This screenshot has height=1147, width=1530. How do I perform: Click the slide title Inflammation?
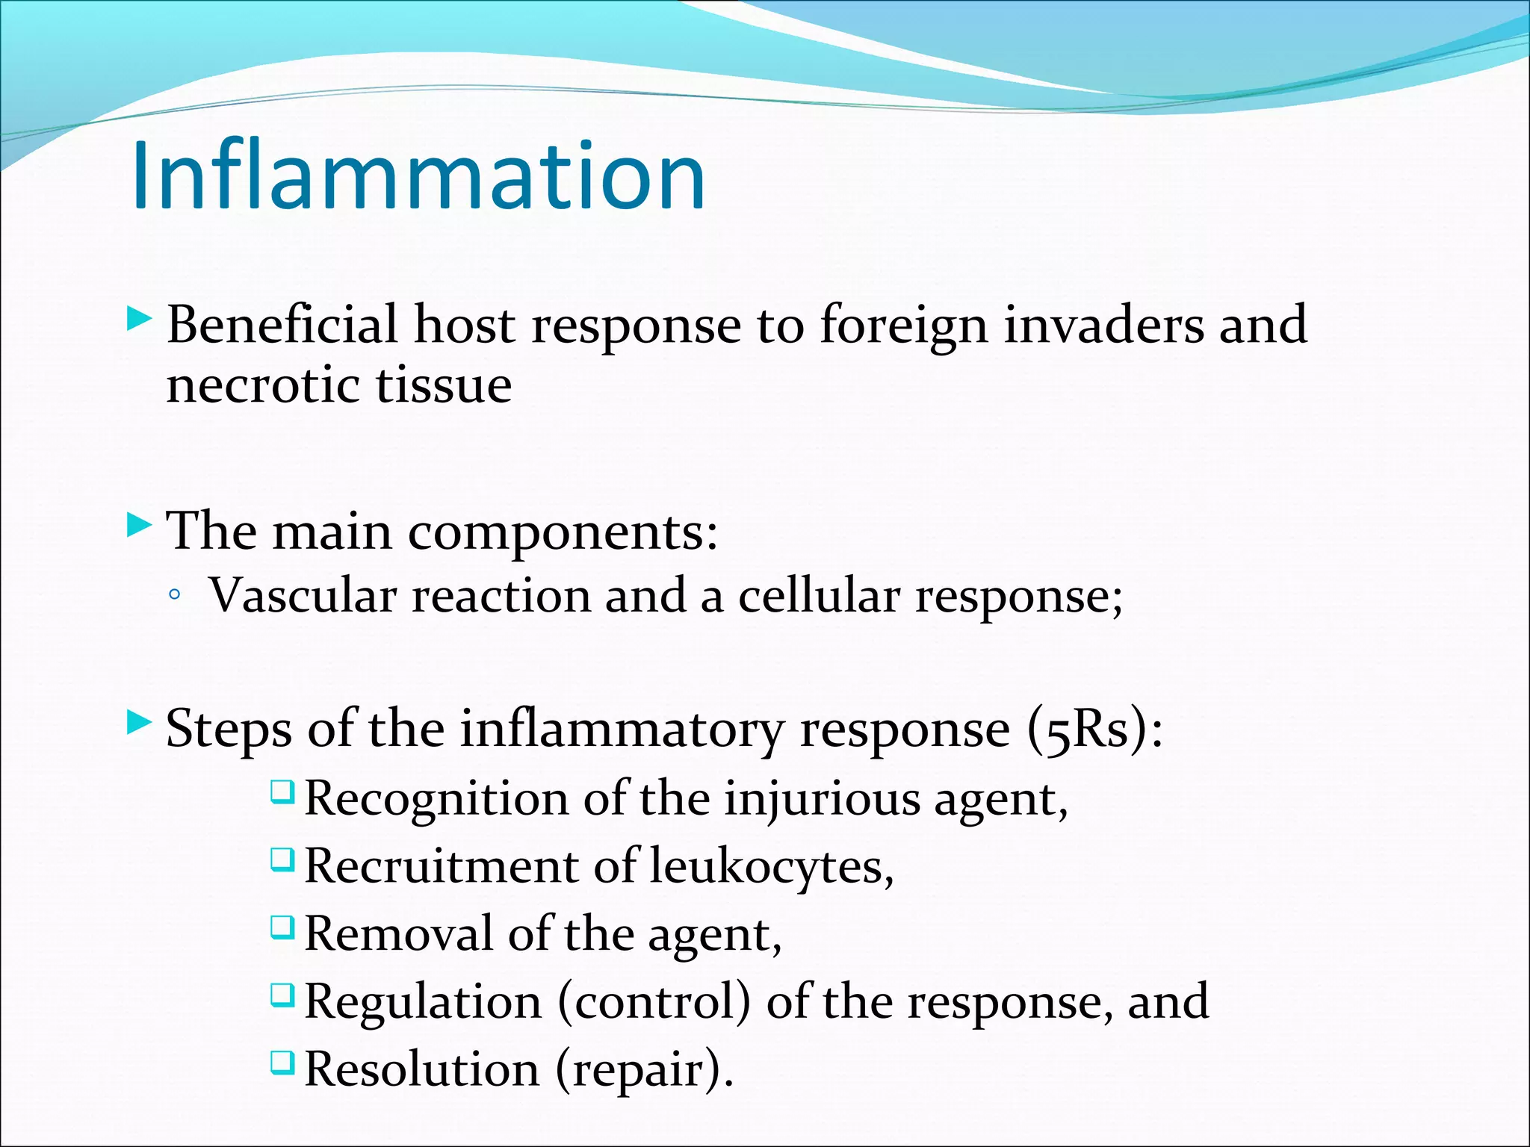click(418, 176)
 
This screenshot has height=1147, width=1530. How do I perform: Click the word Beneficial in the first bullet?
click(282, 326)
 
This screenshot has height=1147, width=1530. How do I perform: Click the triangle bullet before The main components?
click(139, 525)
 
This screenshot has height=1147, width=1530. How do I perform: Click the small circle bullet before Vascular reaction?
click(175, 596)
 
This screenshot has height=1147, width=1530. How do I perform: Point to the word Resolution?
click(421, 1069)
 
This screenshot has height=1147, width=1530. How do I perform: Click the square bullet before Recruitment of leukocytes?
click(282, 860)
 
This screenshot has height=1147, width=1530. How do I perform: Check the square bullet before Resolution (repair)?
click(282, 1062)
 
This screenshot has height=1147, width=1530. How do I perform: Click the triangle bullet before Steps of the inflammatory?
click(139, 722)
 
